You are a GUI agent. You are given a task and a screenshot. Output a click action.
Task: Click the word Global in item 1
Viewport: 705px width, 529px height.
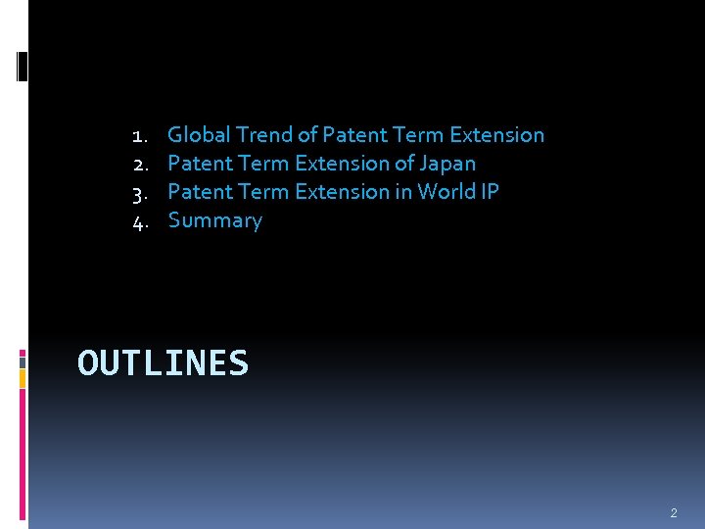tap(200, 135)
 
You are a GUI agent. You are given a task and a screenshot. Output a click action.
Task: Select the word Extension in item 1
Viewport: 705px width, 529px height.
tap(496, 135)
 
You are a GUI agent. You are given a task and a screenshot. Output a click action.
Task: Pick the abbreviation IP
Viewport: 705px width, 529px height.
tap(490, 192)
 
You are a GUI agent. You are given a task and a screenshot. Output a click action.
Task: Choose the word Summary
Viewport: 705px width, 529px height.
tap(215, 220)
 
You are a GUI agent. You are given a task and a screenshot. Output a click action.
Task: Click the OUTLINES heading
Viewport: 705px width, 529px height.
tap(163, 363)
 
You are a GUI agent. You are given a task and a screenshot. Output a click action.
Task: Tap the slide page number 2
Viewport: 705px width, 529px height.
tap(674, 512)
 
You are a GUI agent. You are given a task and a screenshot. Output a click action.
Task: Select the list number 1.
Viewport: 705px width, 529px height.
tap(139, 135)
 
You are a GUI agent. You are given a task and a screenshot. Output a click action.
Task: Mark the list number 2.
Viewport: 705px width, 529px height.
tap(139, 164)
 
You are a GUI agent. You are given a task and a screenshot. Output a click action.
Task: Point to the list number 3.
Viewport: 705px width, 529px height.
tap(139, 192)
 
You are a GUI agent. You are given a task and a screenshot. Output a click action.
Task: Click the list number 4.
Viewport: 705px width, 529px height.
tap(139, 221)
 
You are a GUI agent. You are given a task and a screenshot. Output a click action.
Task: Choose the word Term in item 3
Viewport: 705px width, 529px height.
tap(263, 192)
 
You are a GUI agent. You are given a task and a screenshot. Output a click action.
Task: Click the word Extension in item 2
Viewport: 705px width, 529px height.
tap(342, 164)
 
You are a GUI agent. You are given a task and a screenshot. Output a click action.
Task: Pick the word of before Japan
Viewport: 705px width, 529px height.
tap(401, 164)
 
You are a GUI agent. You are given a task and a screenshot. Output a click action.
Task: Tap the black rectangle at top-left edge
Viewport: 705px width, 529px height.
tap(23, 67)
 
